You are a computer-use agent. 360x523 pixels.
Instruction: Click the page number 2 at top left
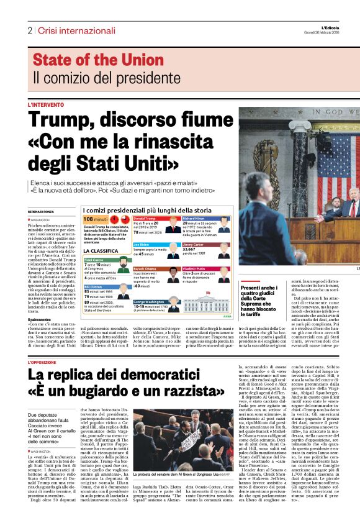click(x=29, y=30)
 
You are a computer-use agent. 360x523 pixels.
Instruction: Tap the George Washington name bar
click(x=154, y=302)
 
